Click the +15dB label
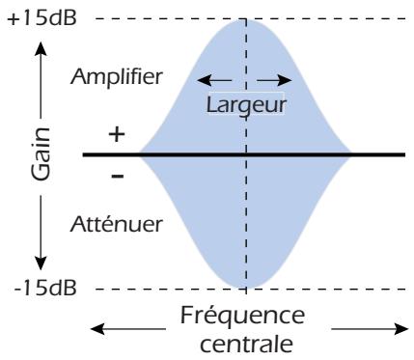point(34,19)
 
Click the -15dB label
point(34,288)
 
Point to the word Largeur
point(247,103)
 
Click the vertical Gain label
point(40,154)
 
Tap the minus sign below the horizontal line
point(117,176)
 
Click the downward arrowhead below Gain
point(40,263)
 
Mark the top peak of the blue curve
point(246,21)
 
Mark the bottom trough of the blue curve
point(246,287)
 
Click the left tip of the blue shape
point(141,154)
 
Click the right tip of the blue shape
point(353,154)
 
